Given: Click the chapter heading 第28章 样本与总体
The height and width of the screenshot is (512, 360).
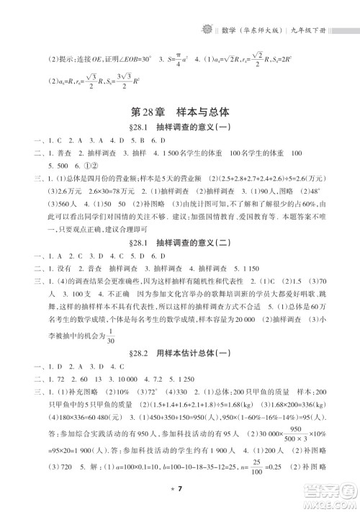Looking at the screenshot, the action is pos(180,112).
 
